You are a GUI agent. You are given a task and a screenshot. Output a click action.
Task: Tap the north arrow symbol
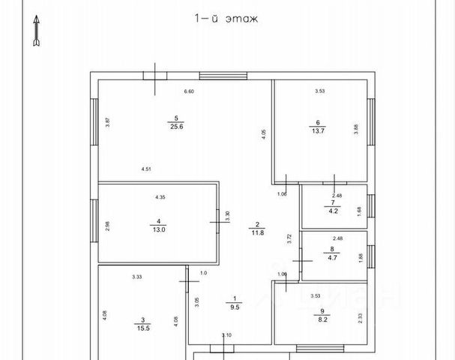(x=35, y=34)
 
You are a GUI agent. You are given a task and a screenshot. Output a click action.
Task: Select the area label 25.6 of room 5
(x=176, y=127)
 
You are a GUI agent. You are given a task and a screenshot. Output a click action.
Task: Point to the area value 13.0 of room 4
(x=158, y=229)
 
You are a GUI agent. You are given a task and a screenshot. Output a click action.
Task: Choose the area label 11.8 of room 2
(x=256, y=232)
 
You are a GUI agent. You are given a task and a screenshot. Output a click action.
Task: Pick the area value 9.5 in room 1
(x=233, y=307)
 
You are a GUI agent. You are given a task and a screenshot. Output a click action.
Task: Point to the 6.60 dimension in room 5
(x=189, y=91)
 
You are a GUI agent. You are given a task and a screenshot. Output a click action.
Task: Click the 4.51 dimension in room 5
(x=146, y=169)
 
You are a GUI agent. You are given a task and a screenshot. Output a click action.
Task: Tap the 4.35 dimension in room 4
(x=160, y=196)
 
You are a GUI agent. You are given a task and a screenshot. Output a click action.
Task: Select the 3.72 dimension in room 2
(x=289, y=239)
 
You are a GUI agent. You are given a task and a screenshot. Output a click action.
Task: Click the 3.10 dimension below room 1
(x=226, y=335)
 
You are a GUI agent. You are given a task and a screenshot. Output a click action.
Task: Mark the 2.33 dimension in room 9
(x=360, y=318)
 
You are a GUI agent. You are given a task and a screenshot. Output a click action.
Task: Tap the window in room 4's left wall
(x=94, y=221)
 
